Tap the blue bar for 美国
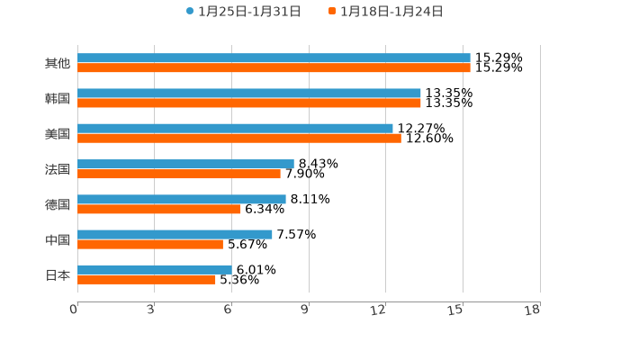pyautogui.click(x=235, y=129)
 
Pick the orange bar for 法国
pyautogui.click(x=179, y=174)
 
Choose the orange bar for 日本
pyautogui.click(x=147, y=279)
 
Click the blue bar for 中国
pyautogui.click(x=175, y=234)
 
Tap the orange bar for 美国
pyautogui.click(x=239, y=139)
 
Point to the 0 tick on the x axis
pyautogui.click(x=74, y=310)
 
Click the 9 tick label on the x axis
pyautogui.click(x=304, y=310)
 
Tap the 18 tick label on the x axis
pyautogui.click(x=532, y=310)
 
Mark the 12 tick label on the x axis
pyautogui.click(x=379, y=310)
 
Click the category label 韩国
pyautogui.click(x=58, y=99)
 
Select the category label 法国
pyautogui.click(x=58, y=169)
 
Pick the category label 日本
pyautogui.click(x=58, y=274)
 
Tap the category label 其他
pyautogui.click(x=58, y=64)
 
